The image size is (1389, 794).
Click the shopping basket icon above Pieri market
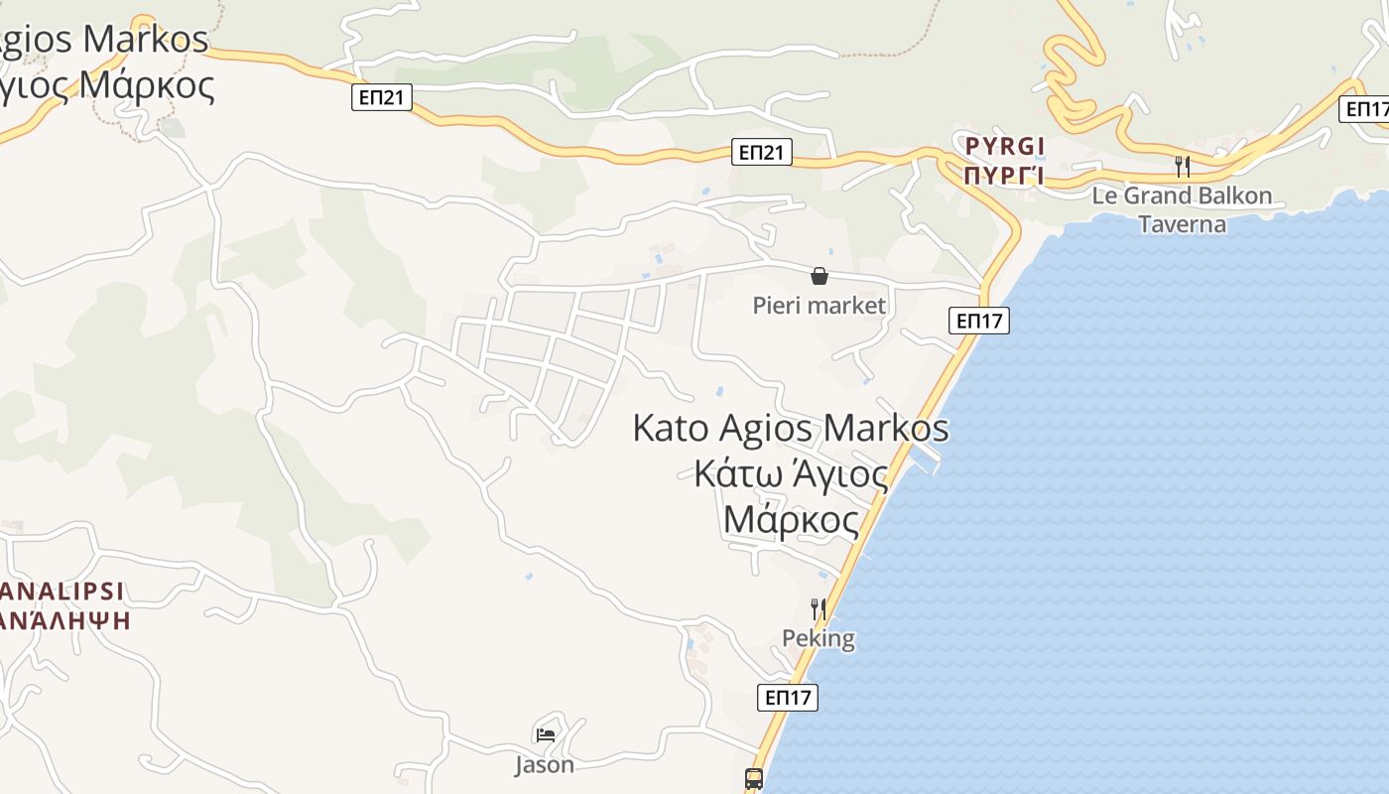click(820, 276)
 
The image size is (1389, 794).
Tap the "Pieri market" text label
click(819, 305)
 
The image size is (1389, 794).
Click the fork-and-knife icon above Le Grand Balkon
click(1182, 166)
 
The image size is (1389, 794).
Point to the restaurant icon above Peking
click(818, 608)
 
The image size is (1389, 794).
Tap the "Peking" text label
click(819, 638)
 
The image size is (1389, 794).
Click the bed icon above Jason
click(545, 735)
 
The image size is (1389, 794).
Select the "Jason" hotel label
click(544, 765)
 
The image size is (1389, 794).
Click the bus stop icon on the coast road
click(754, 779)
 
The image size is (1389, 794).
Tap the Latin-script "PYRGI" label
click(1005, 147)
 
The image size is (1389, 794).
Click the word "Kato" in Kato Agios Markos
click(670, 429)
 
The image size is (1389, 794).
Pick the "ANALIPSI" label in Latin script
click(62, 592)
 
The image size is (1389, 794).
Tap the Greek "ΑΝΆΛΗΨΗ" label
click(65, 620)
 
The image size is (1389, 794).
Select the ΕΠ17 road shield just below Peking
click(788, 698)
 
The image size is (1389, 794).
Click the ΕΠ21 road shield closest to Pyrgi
click(762, 152)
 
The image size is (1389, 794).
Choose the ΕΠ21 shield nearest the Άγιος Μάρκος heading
click(381, 97)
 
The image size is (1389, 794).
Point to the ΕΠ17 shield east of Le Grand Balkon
click(1365, 109)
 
